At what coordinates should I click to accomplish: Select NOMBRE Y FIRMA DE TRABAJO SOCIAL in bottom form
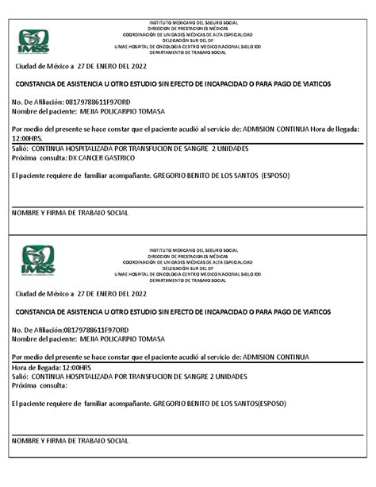(70, 440)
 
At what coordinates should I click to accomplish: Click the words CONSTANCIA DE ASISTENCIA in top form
(63, 83)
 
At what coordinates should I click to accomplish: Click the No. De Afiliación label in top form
(36, 102)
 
